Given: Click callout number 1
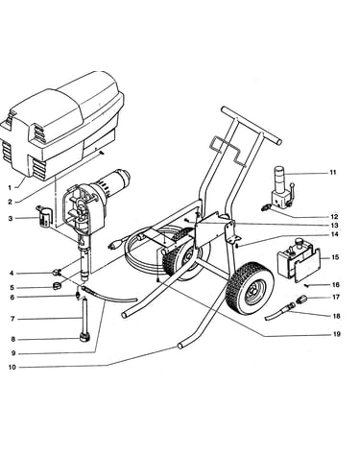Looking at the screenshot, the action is tap(10, 187).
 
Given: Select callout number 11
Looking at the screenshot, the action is tap(333, 173).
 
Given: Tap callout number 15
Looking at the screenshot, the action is tap(335, 257).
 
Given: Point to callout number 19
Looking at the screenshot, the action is tap(336, 334).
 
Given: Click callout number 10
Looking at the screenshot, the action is tap(12, 368).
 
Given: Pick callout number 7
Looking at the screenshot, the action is tap(12, 319).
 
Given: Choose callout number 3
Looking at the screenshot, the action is tap(11, 219).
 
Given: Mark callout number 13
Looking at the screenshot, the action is tap(335, 226).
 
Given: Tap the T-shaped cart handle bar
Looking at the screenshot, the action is tap(251, 125).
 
